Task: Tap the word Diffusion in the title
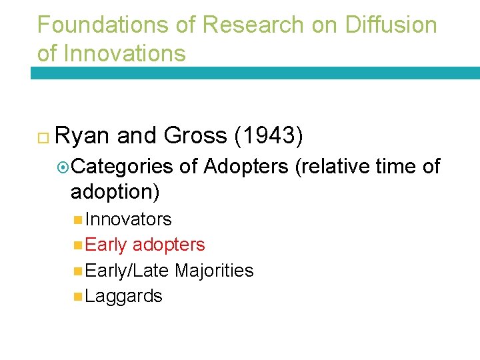click(x=391, y=25)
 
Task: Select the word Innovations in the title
click(x=125, y=53)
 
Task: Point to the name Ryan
click(x=83, y=136)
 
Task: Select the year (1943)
click(x=269, y=136)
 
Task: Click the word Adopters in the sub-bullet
click(x=247, y=167)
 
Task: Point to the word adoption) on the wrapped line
click(x=115, y=191)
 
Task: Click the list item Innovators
click(x=129, y=219)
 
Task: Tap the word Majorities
click(x=214, y=271)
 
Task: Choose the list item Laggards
click(x=124, y=296)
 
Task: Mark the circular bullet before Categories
click(x=64, y=167)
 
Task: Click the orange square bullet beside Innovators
click(x=79, y=219)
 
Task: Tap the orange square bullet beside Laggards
click(x=79, y=296)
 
